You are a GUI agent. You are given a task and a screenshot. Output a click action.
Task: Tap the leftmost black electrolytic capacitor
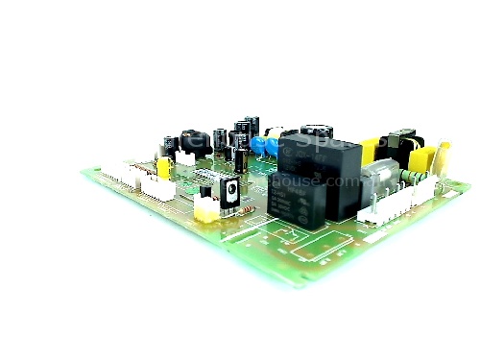click(168, 144)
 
